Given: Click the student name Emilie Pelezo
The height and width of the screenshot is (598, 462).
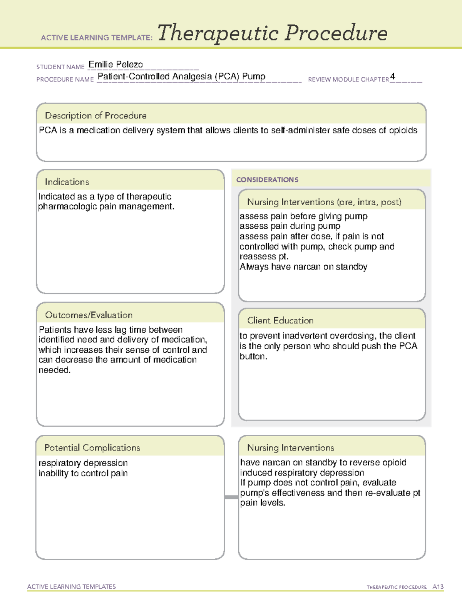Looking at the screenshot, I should click(115, 65).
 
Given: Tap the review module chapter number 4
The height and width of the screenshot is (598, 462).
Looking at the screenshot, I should click(392, 76).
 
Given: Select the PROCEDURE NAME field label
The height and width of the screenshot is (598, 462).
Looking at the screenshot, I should click(65, 79).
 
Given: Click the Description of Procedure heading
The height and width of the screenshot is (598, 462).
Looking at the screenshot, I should click(95, 116).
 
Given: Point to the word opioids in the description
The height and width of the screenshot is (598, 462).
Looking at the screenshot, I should click(403, 131).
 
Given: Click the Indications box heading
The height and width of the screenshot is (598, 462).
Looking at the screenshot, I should click(67, 182).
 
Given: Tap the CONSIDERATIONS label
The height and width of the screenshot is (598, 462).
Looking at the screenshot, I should click(267, 180).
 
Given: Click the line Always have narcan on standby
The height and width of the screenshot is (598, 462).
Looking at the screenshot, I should click(303, 267).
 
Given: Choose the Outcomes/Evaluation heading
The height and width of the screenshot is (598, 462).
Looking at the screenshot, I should click(89, 315).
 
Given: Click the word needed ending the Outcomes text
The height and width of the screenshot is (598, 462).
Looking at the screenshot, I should click(54, 370).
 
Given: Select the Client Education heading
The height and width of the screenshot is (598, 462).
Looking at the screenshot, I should click(280, 320).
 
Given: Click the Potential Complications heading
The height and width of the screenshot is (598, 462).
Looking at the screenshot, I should click(92, 448).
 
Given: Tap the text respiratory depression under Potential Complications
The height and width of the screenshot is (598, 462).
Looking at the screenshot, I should click(83, 463).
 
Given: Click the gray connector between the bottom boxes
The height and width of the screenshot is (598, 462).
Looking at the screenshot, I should click(231, 497).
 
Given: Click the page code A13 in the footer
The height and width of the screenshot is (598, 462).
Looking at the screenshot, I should click(438, 587).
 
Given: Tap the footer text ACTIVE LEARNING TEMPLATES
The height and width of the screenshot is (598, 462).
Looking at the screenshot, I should click(71, 586).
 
